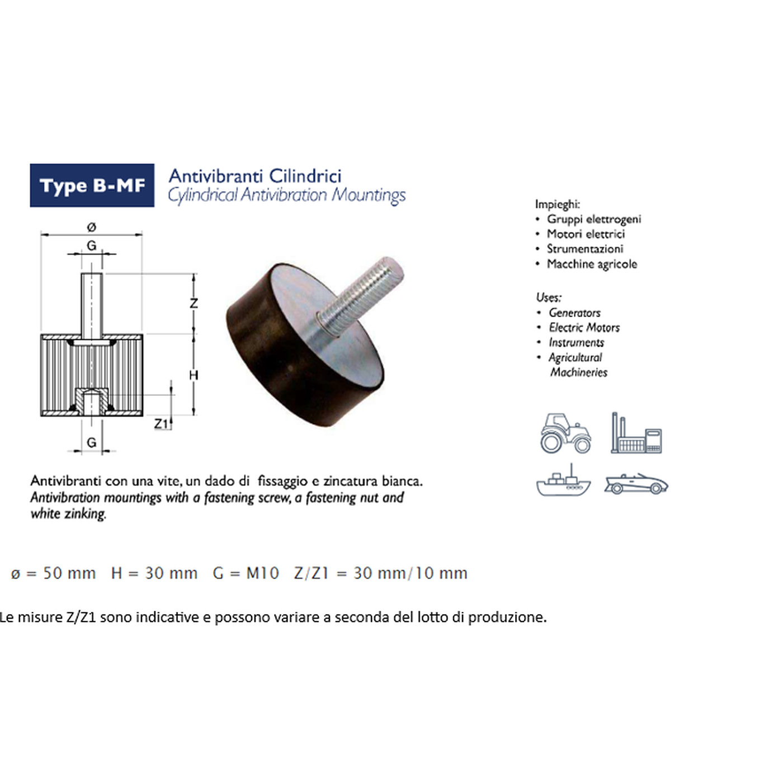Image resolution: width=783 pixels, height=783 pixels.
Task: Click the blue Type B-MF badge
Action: tap(92, 185)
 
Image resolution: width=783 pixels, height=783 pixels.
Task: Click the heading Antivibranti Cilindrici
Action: tap(255, 176)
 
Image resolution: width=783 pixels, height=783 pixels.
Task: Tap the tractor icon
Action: tap(565, 433)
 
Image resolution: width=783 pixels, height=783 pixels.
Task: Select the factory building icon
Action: tap(636, 433)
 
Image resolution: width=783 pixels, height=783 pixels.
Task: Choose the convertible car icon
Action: tap(636, 484)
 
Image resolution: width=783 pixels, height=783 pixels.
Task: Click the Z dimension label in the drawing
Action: tap(194, 303)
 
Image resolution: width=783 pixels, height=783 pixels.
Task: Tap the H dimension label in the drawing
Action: tap(194, 375)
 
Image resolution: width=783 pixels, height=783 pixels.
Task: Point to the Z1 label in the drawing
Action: tap(161, 424)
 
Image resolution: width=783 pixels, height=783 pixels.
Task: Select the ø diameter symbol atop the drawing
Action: tap(91, 227)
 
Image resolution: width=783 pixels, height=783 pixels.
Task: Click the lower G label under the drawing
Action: tap(92, 442)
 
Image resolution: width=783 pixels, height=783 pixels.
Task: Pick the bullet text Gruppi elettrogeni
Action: tap(593, 219)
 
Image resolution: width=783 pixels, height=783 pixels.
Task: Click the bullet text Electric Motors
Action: tap(584, 328)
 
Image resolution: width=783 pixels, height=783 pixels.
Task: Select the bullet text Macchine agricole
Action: tap(592, 264)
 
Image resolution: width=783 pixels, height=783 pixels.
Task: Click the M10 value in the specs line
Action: tap(262, 573)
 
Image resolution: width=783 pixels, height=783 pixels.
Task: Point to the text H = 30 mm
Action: tap(154, 573)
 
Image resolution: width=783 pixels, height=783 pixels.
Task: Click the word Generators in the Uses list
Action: tap(574, 313)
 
